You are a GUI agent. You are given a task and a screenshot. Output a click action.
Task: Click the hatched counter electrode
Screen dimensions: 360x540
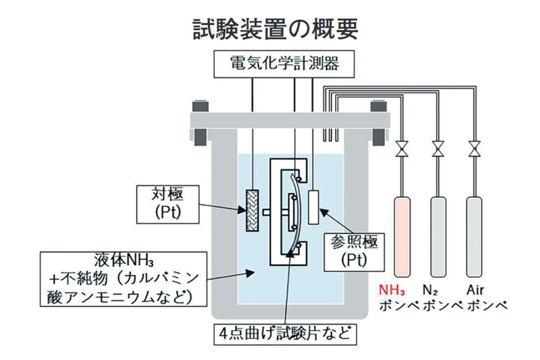coord(252,210)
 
